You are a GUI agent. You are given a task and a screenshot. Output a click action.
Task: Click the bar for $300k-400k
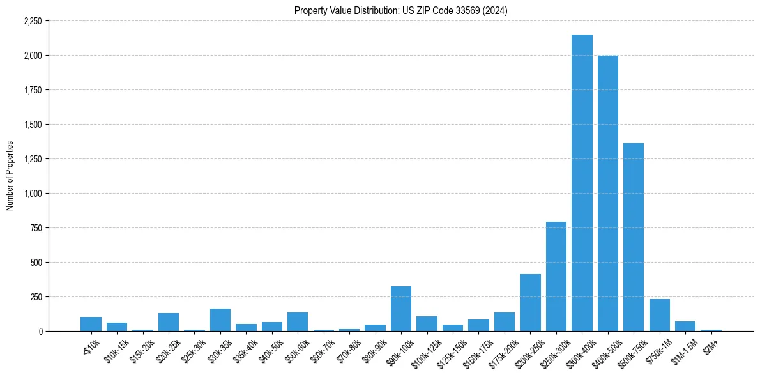click(x=582, y=183)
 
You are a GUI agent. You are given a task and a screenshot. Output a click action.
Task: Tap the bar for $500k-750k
click(x=634, y=237)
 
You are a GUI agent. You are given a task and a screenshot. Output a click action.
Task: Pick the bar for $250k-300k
click(x=556, y=276)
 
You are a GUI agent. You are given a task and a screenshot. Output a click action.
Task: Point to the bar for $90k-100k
click(x=401, y=309)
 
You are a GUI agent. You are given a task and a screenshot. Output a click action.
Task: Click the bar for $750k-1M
click(x=659, y=315)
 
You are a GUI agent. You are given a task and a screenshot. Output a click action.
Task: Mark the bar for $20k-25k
click(x=169, y=322)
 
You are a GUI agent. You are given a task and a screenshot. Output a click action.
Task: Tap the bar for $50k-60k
click(x=298, y=321)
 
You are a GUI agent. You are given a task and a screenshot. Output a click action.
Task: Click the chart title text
click(x=401, y=10)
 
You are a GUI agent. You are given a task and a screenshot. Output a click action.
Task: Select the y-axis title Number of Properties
click(x=10, y=176)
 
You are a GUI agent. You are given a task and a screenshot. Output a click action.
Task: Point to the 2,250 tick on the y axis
click(x=33, y=21)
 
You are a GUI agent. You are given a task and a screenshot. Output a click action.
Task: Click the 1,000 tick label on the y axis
click(x=33, y=194)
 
